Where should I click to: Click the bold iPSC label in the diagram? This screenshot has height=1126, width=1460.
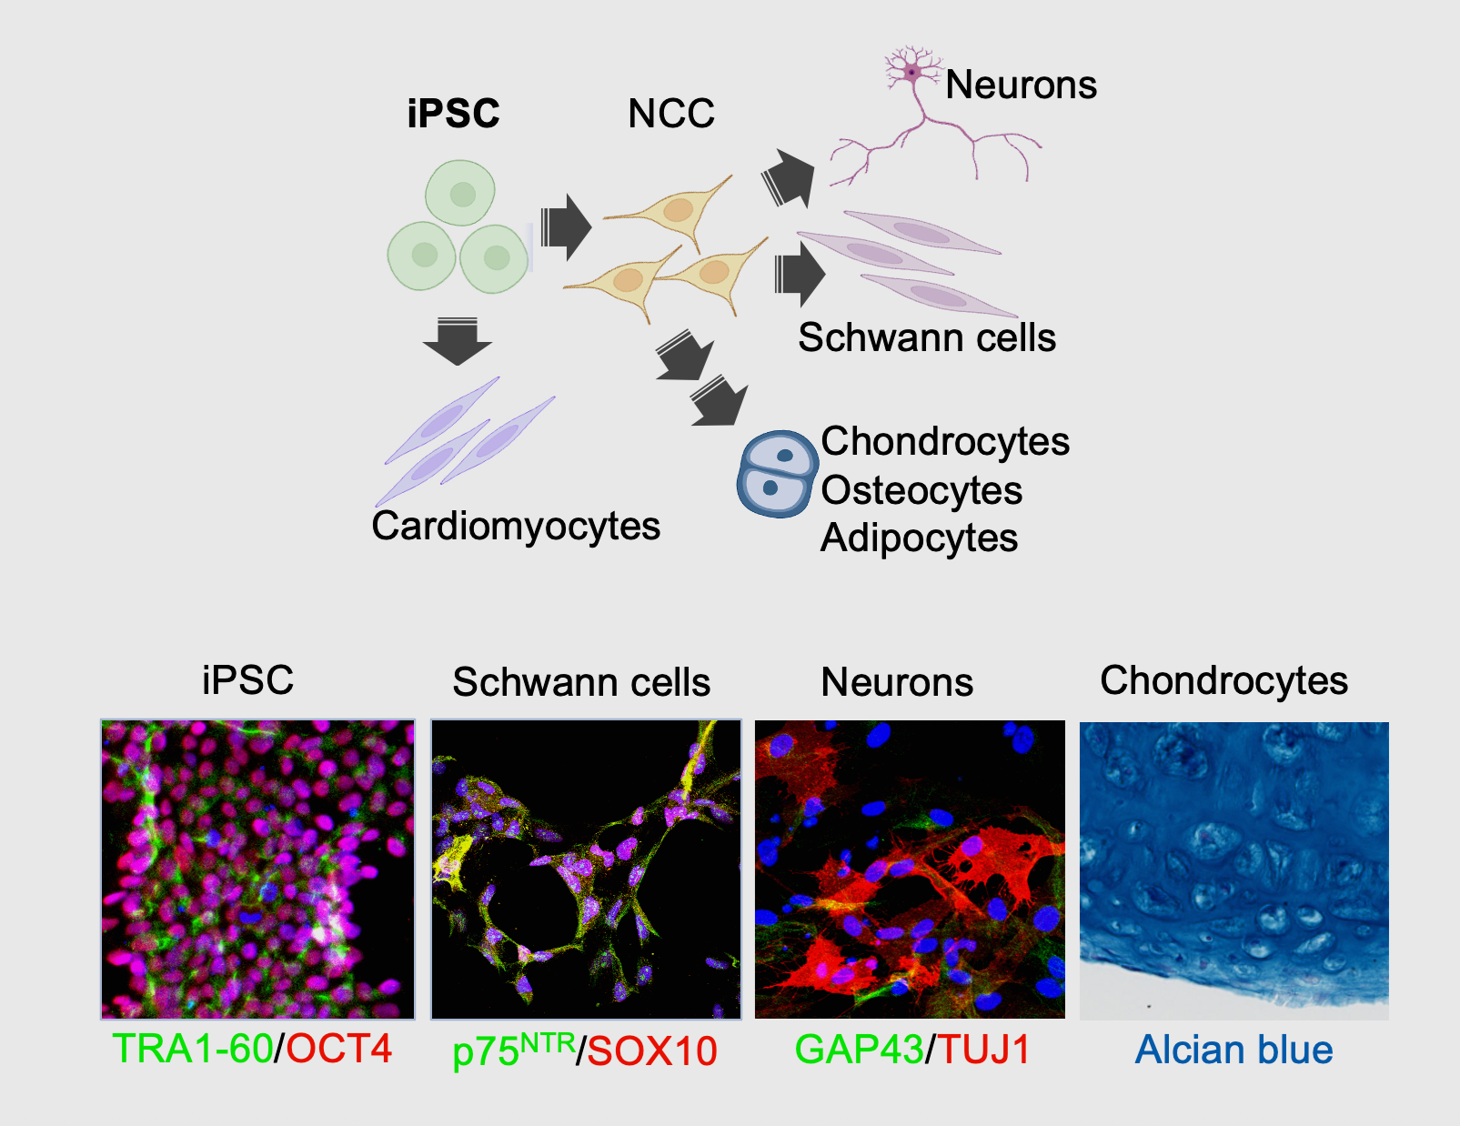point(453,114)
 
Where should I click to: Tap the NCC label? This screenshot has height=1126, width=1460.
point(671,114)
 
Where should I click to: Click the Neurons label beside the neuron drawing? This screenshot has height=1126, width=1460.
point(1021,85)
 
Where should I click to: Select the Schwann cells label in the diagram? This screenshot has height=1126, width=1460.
point(927,337)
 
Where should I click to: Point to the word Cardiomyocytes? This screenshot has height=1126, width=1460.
point(516,526)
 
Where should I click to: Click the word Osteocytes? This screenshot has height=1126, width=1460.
point(921,490)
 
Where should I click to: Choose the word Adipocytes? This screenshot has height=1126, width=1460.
point(919,538)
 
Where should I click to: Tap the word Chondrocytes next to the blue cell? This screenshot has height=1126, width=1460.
point(945,441)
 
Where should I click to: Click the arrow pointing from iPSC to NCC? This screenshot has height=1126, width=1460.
point(565,226)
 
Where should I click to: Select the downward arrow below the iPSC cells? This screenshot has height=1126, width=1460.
point(457,341)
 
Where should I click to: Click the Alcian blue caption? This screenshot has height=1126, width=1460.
point(1233,1050)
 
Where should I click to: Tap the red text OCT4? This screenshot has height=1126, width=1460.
point(339,1049)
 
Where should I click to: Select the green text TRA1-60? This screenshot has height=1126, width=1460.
point(192,1049)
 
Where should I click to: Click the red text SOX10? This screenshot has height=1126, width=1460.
point(652,1051)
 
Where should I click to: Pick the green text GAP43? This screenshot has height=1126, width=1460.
point(859,1050)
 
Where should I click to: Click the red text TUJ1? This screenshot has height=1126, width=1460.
point(984,1050)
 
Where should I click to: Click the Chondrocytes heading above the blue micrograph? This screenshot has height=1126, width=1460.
point(1223,680)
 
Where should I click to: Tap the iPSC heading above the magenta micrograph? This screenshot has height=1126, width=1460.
point(247,680)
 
